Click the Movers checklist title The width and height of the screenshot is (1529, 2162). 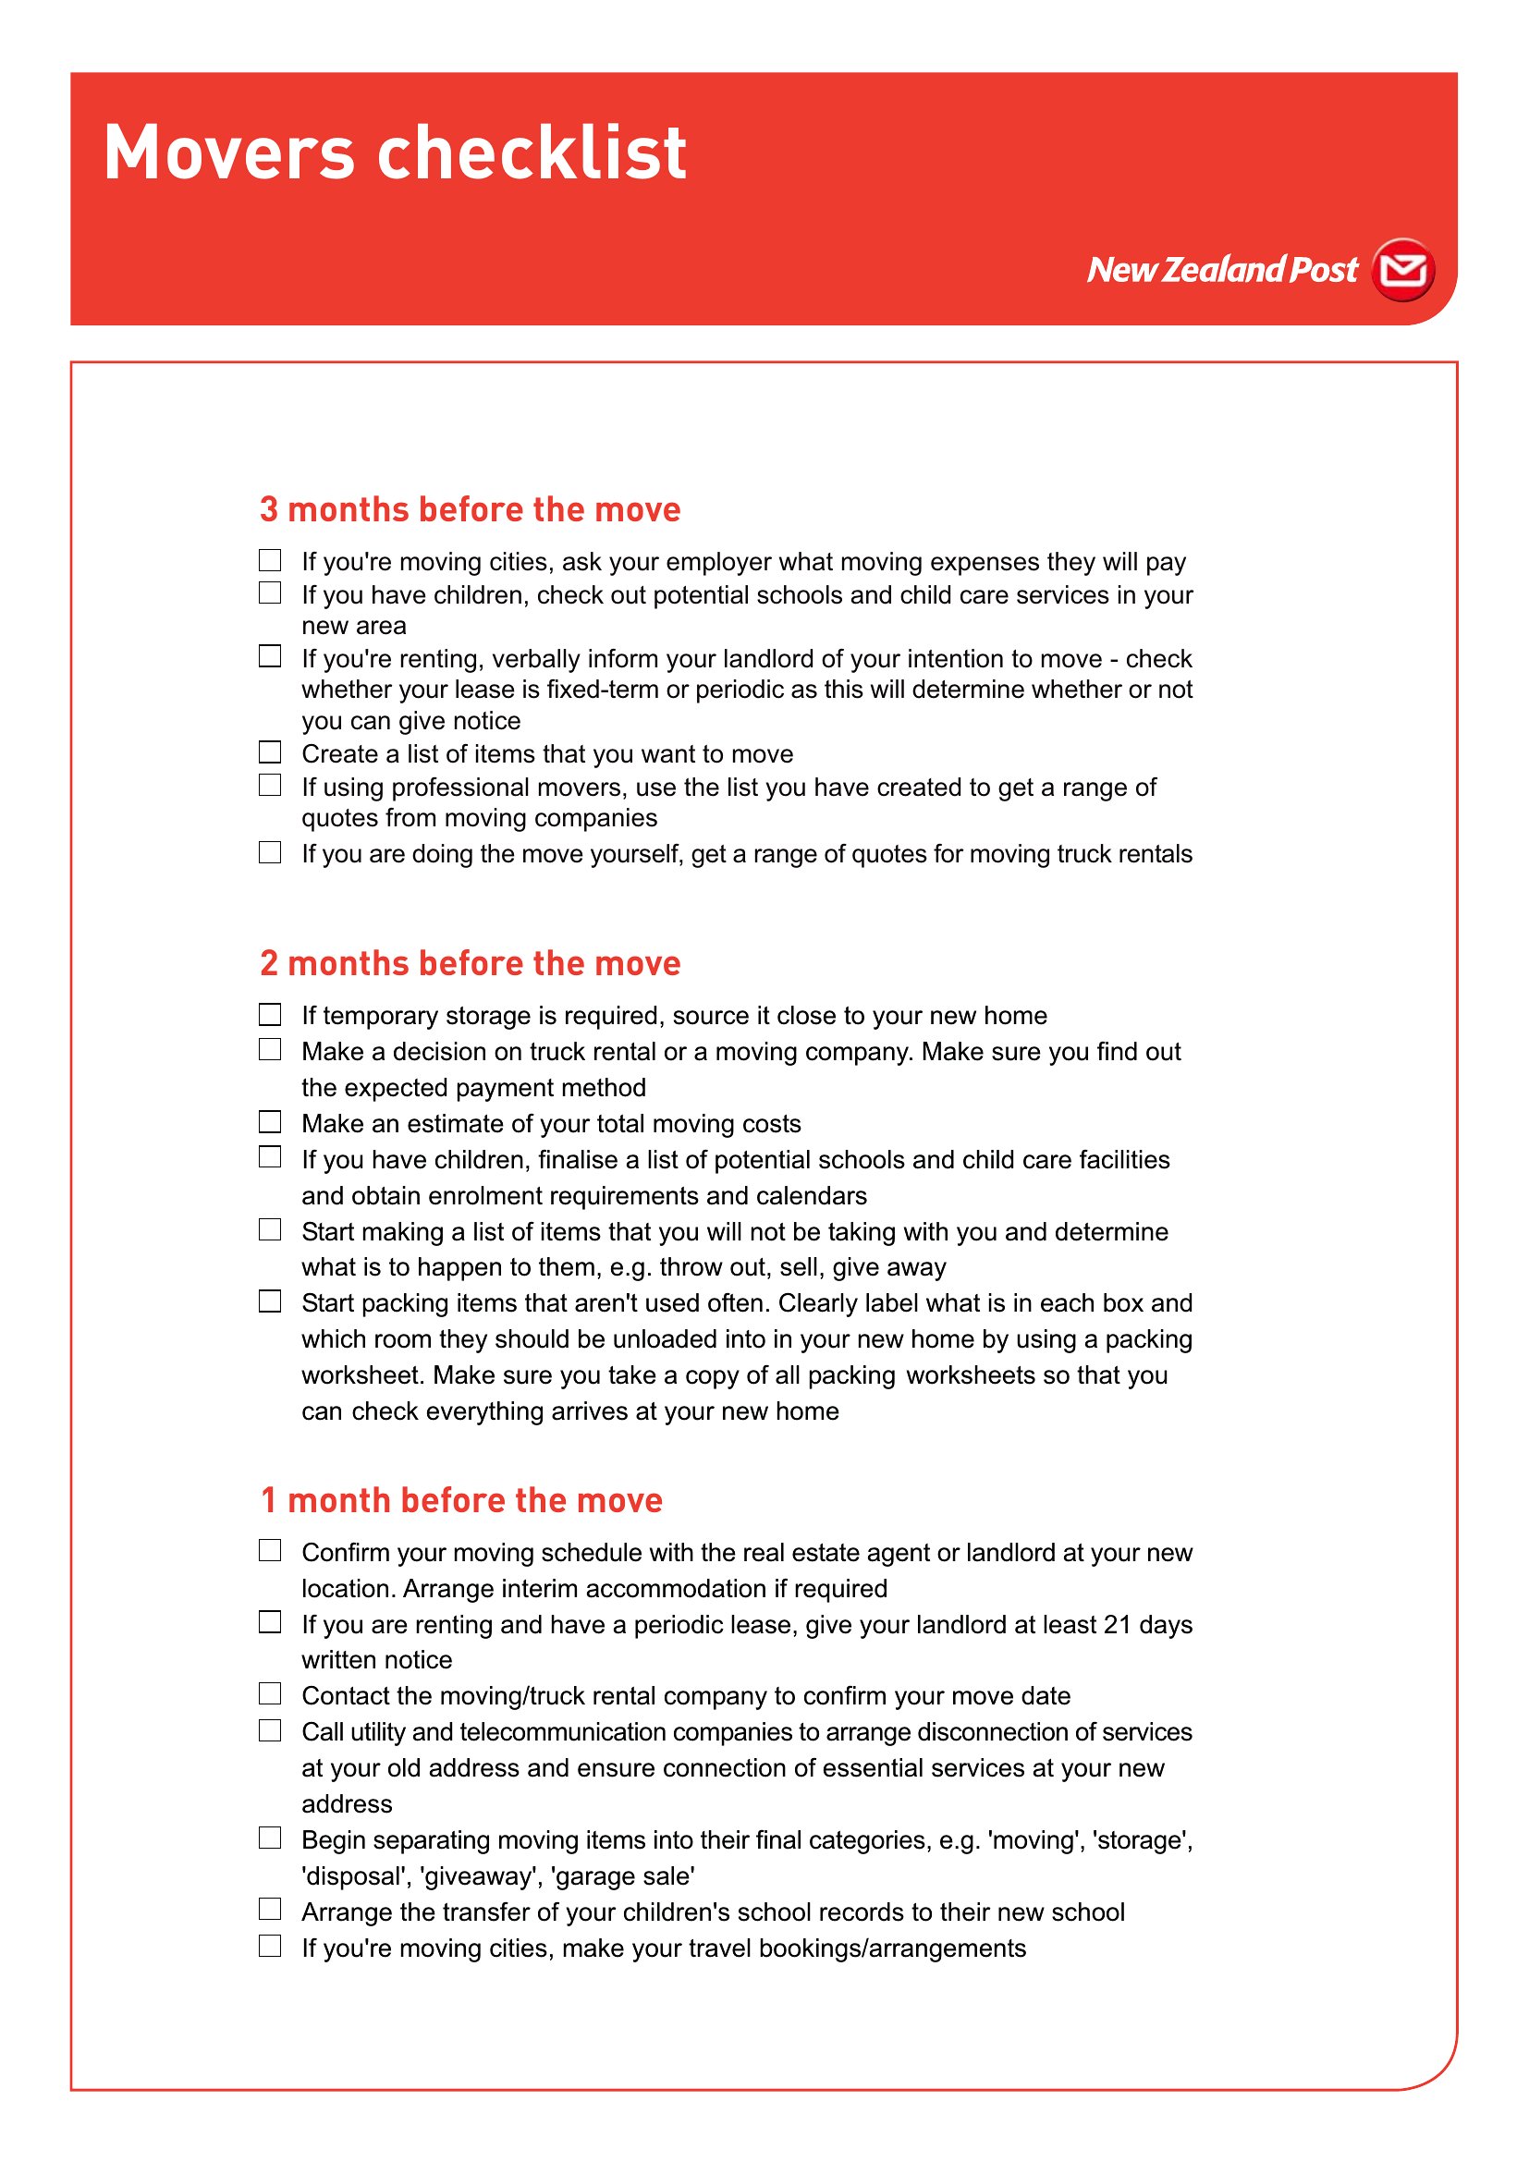[395, 153]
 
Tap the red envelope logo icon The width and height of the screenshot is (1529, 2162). [1403, 270]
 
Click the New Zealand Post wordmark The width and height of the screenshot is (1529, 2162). [1222, 270]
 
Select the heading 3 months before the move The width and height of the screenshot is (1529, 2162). [470, 509]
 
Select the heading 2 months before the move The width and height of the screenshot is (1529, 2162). [470, 963]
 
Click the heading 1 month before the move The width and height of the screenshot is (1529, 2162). [461, 1500]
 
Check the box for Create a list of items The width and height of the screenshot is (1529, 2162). [270, 752]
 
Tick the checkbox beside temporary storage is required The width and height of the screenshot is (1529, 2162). [270, 1014]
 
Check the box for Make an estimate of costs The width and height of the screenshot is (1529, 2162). [270, 1121]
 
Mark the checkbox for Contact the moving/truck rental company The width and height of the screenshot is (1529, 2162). [270, 1694]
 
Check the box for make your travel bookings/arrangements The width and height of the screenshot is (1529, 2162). [270, 1946]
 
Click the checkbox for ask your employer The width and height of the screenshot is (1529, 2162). [270, 560]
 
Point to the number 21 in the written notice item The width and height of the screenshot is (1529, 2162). [1117, 1625]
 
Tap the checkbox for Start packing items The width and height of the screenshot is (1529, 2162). [270, 1301]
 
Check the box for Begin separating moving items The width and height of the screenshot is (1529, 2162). [270, 1838]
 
